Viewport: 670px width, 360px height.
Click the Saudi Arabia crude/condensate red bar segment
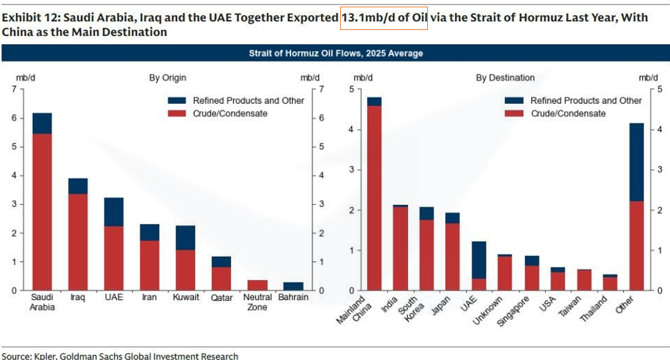tap(42, 212)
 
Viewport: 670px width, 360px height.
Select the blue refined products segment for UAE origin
tap(113, 211)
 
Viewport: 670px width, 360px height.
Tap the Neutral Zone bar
tap(257, 285)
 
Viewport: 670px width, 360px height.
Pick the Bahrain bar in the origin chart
tap(293, 286)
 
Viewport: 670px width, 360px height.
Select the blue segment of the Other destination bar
tap(636, 162)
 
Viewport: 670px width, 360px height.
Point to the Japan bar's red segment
tap(453, 256)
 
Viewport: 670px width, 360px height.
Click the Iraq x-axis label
tap(78, 298)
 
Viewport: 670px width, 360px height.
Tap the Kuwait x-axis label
tap(185, 298)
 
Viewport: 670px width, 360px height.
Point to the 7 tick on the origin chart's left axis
tap(13, 89)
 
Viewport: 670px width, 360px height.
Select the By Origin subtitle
tap(168, 77)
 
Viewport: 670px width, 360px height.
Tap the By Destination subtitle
tap(505, 77)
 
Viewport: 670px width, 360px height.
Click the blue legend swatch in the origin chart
tap(178, 100)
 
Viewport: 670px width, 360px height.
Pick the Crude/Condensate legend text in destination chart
tap(568, 113)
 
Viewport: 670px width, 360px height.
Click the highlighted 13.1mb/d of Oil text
tap(384, 18)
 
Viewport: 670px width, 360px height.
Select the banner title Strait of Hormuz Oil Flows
tap(336, 53)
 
